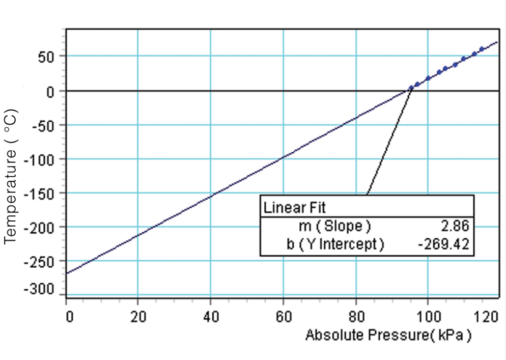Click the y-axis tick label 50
coord(46,56)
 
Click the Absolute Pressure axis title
coord(388,335)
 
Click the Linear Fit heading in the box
coord(294,208)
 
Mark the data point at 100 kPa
coord(428,78)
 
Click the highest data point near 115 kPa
coord(482,49)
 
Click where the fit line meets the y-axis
coord(67,273)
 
